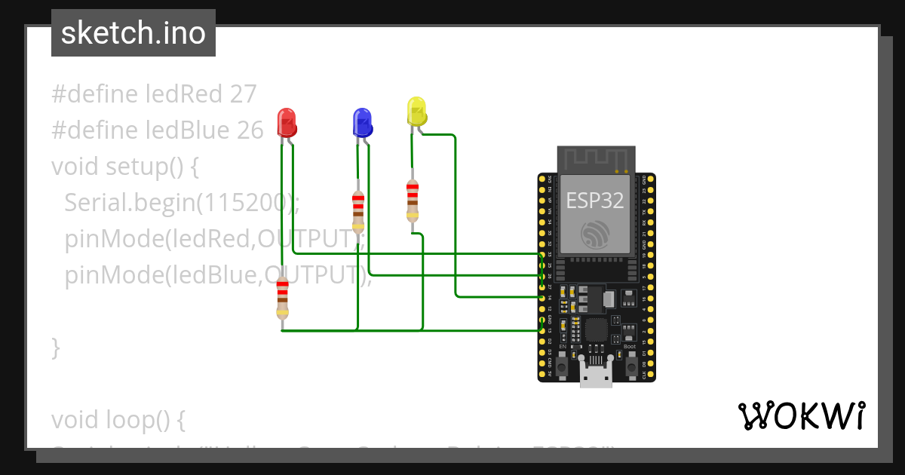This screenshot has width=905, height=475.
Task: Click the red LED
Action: (x=287, y=121)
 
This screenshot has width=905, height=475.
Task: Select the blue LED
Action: (x=362, y=121)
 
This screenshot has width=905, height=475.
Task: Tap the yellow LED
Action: (x=416, y=111)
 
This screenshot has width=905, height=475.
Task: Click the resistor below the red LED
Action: (x=282, y=298)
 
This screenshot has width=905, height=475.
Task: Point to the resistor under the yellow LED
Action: (x=412, y=201)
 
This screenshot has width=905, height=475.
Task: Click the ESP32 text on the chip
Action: (x=595, y=201)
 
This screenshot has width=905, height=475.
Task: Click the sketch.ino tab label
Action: (x=133, y=33)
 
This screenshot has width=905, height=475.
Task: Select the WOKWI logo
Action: (x=800, y=416)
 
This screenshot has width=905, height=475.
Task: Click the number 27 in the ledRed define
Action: (x=243, y=94)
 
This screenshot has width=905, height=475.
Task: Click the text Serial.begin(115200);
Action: (x=182, y=202)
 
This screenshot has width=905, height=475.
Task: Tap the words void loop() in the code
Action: (x=118, y=418)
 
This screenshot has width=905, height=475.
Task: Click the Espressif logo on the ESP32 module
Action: (x=595, y=235)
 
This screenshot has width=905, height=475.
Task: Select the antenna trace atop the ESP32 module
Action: (x=596, y=158)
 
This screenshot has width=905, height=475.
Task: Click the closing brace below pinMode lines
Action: (x=55, y=348)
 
